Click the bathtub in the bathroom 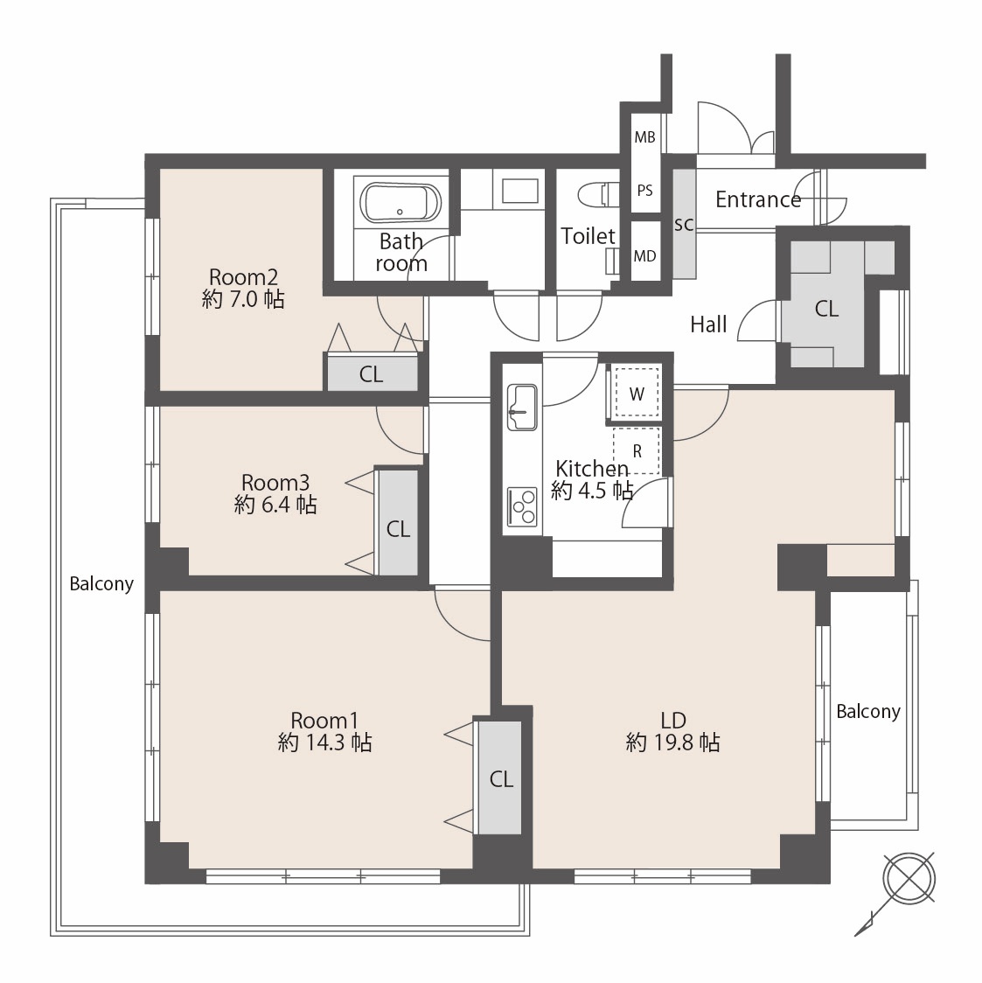coord(400,203)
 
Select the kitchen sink coord(521,407)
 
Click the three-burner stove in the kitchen coord(522,506)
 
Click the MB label coord(644,136)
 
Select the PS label coord(644,190)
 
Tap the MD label coord(644,255)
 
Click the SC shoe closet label coord(684,225)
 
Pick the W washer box coord(637,392)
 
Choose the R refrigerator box coord(637,450)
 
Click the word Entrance coord(758,199)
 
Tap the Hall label coord(708,324)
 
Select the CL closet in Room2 coord(371,374)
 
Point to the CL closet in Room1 coord(501,778)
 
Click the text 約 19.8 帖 coord(673,742)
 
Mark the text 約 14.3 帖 coord(324,742)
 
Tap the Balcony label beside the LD coord(868,712)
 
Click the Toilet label coord(588,236)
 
